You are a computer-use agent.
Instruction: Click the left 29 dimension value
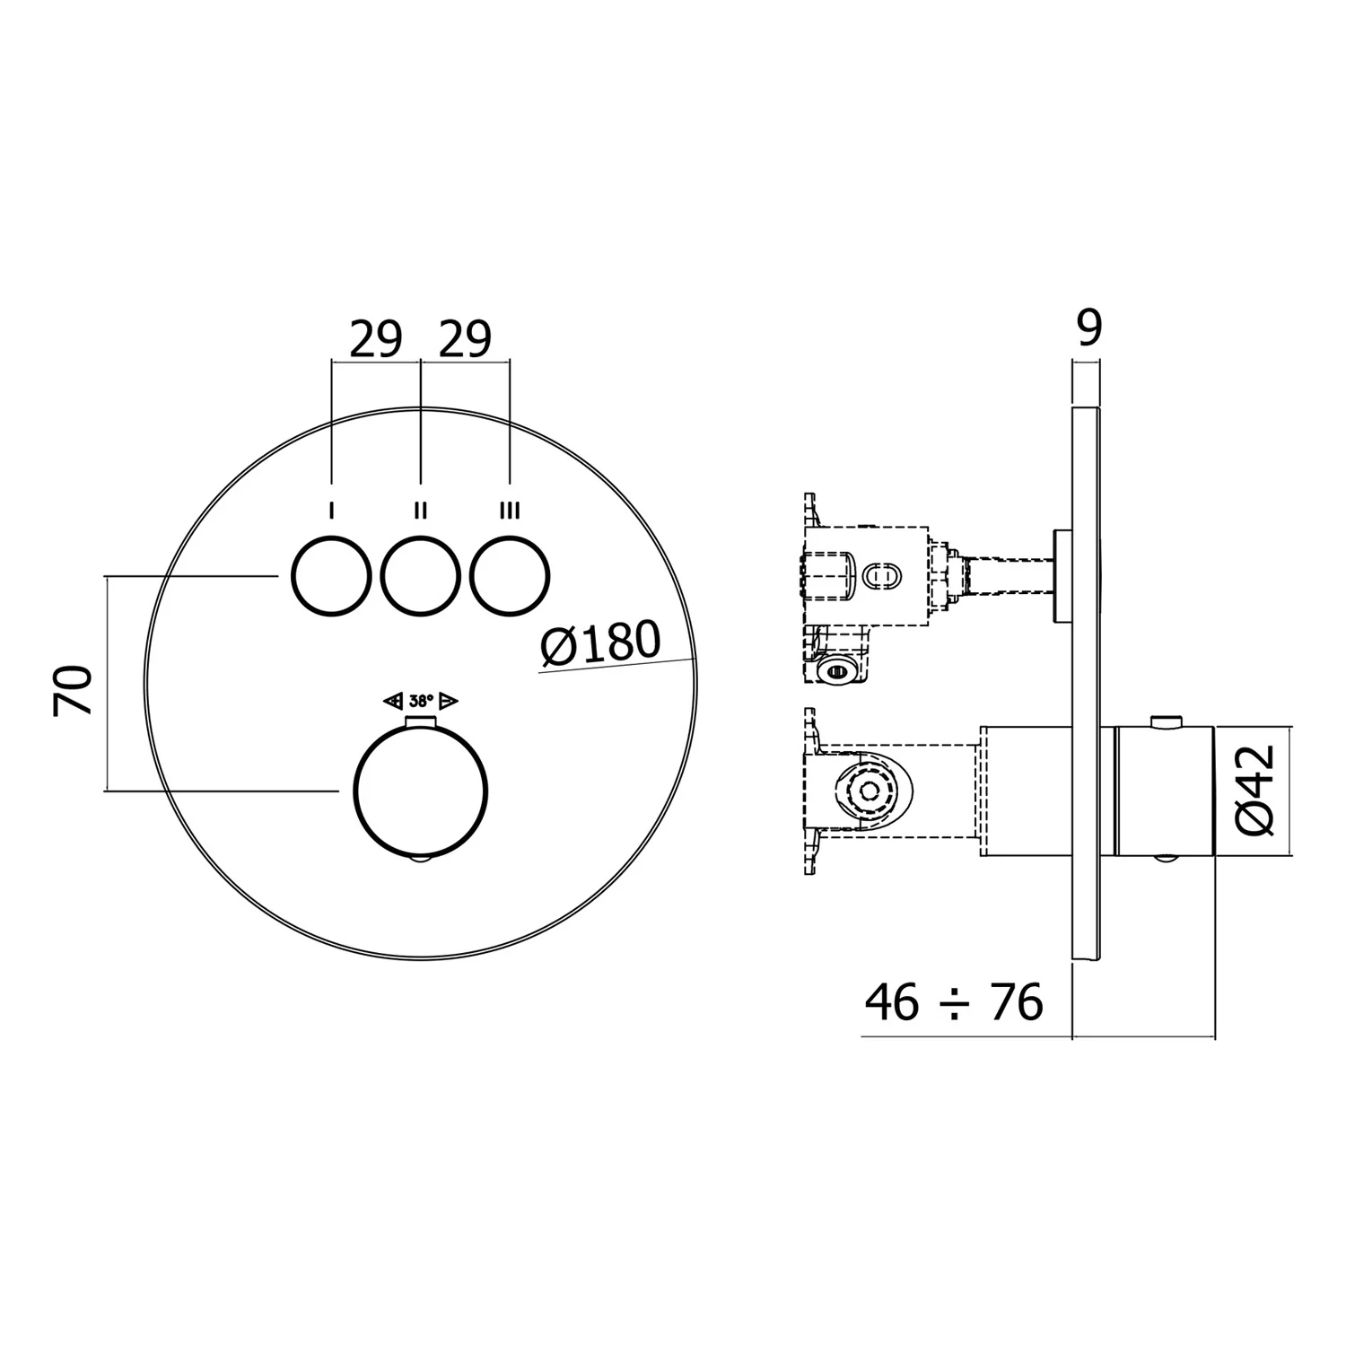click(x=376, y=340)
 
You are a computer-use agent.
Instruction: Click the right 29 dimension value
click(x=465, y=340)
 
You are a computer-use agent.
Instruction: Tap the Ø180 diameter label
click(x=600, y=643)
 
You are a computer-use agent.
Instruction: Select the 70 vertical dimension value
click(x=74, y=689)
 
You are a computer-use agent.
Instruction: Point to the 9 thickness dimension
click(x=1088, y=328)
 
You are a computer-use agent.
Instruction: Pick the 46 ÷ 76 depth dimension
click(x=954, y=1002)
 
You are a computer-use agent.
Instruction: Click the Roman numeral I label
click(x=332, y=511)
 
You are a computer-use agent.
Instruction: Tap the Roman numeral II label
click(x=420, y=511)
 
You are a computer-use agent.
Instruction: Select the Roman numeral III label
click(x=509, y=511)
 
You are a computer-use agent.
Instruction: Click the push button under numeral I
click(x=331, y=575)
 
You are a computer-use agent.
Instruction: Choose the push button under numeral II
click(x=420, y=575)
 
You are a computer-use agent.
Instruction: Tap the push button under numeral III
click(x=510, y=575)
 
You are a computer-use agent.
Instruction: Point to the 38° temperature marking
click(x=421, y=701)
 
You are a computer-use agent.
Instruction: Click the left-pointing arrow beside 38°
click(x=392, y=701)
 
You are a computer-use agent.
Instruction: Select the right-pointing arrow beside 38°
click(x=449, y=701)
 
